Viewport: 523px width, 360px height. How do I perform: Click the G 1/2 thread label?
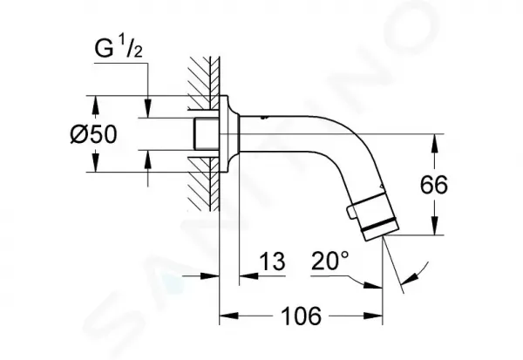119,49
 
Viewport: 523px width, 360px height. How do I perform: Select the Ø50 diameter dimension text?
94,134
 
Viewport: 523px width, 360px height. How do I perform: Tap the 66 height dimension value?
433,185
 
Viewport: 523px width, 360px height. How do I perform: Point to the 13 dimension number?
272,261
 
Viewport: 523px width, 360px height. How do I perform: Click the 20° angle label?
330,261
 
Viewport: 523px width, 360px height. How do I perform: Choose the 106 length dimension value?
302,316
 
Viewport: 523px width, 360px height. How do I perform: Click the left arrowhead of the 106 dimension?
228,316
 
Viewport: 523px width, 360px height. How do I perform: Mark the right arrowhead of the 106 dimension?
373,316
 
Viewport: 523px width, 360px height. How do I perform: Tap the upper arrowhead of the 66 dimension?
434,143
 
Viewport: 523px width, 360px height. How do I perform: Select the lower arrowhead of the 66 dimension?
434,226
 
